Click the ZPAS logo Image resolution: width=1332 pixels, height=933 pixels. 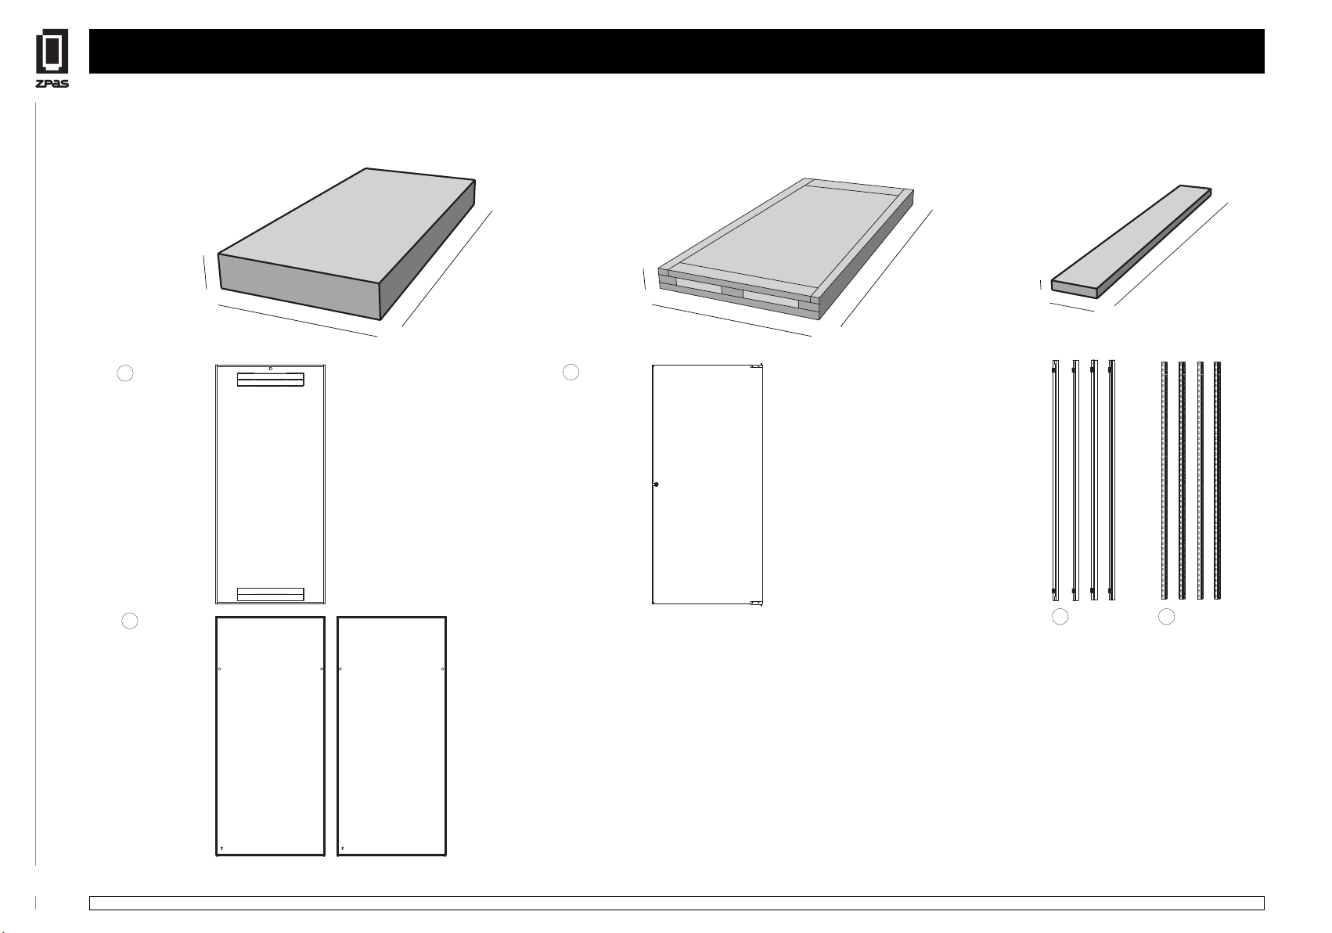coord(52,58)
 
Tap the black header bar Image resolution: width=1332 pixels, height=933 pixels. coord(677,51)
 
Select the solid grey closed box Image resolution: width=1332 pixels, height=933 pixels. coord(347,243)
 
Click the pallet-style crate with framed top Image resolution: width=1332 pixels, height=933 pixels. coord(786,249)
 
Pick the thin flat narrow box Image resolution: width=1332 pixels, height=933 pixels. coord(1131,241)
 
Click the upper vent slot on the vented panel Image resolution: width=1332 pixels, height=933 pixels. coord(271,380)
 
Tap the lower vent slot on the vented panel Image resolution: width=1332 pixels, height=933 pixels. coord(271,594)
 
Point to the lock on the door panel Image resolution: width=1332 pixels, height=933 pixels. coord(656,485)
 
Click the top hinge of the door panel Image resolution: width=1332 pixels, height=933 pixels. coord(756,366)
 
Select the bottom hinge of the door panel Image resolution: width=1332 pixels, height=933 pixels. coord(756,603)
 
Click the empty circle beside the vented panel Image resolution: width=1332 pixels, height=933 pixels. coord(125,373)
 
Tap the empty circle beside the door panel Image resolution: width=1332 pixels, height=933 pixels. coord(571,372)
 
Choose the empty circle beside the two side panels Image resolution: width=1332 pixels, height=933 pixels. coord(130,621)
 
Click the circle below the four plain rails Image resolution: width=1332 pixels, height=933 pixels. coord(1060,617)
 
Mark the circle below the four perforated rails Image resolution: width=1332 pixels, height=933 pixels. coord(1166,617)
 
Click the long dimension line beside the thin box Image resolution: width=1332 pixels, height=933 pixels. coord(1171,254)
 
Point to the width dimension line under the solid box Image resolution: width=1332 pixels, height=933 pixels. coord(298,321)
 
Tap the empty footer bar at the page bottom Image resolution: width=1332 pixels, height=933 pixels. coord(677,903)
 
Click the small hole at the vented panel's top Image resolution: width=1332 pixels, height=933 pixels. coord(271,369)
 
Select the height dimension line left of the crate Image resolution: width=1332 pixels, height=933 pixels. coord(644,279)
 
